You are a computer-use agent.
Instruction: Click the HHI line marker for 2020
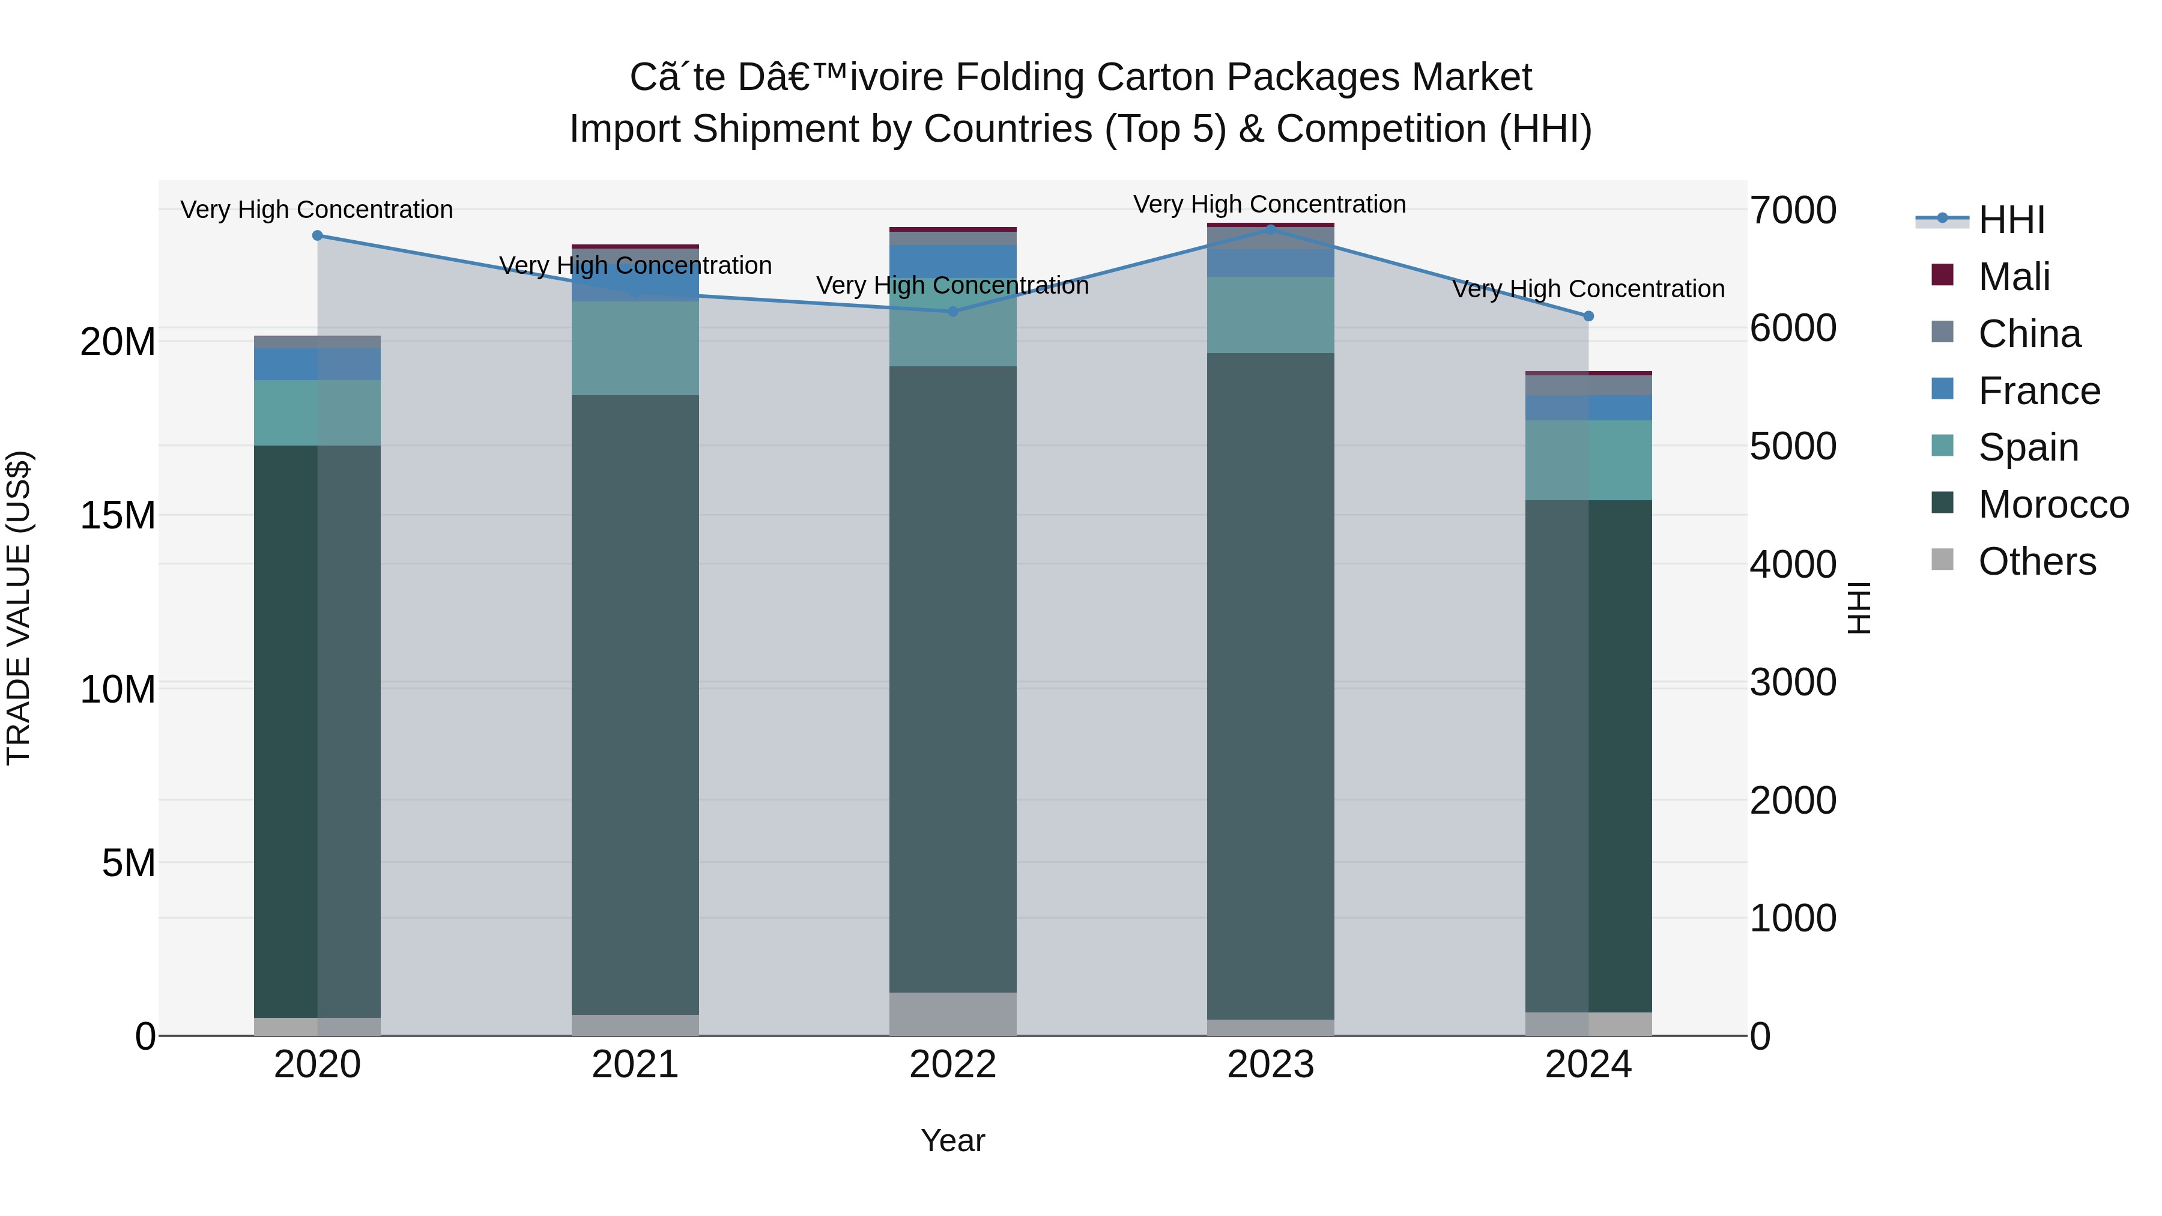[317, 236]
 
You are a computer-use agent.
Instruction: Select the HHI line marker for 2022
[952, 311]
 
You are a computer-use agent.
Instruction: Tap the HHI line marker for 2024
[1588, 316]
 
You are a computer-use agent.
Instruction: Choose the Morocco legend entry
[2052, 504]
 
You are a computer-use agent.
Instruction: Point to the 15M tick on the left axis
[118, 515]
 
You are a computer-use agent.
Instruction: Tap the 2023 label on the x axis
[1270, 1065]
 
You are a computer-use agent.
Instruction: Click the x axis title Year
[952, 1140]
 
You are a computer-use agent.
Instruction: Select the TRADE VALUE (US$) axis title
[19, 608]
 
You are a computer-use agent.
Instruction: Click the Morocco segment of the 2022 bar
[952, 680]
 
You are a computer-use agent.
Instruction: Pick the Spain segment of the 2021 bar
[635, 348]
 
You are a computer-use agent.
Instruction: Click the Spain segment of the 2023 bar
[1270, 315]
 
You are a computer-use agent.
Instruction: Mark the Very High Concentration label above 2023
[1269, 204]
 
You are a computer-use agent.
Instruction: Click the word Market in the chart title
[1471, 77]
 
